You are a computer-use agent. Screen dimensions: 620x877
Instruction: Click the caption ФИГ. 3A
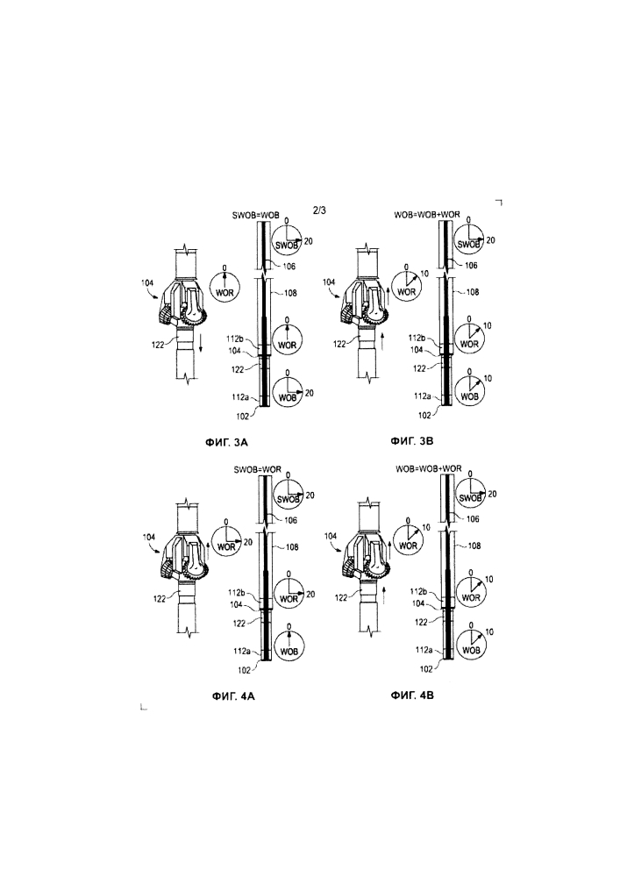pyautogui.click(x=227, y=442)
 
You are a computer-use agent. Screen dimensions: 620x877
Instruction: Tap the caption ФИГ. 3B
pyautogui.click(x=412, y=441)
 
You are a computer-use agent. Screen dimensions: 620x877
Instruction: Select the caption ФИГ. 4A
pyautogui.click(x=233, y=696)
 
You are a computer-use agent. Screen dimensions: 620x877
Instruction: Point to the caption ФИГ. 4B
pyautogui.click(x=412, y=695)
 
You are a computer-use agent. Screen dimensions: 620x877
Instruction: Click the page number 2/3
pyautogui.click(x=319, y=210)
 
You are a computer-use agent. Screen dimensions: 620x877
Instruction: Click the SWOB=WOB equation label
pyautogui.click(x=255, y=215)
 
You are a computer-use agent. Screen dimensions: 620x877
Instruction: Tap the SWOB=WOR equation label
pyautogui.click(x=257, y=469)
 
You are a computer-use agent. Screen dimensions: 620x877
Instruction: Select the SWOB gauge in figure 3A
pyautogui.click(x=287, y=240)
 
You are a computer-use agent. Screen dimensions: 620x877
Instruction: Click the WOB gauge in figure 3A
pyautogui.click(x=288, y=393)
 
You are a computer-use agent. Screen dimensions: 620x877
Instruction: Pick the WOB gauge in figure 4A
pyautogui.click(x=289, y=648)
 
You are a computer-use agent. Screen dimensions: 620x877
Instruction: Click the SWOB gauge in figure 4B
pyautogui.click(x=470, y=495)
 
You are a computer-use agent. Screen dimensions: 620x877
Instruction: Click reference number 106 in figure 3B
pyautogui.click(x=471, y=265)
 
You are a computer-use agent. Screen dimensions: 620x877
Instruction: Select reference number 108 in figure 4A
pyautogui.click(x=292, y=547)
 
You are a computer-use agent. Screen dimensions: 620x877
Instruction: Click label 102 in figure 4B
pyautogui.click(x=426, y=668)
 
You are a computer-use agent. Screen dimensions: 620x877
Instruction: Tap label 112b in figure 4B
pyautogui.click(x=419, y=592)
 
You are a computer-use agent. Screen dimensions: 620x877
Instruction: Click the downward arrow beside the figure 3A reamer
pyautogui.click(x=200, y=342)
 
